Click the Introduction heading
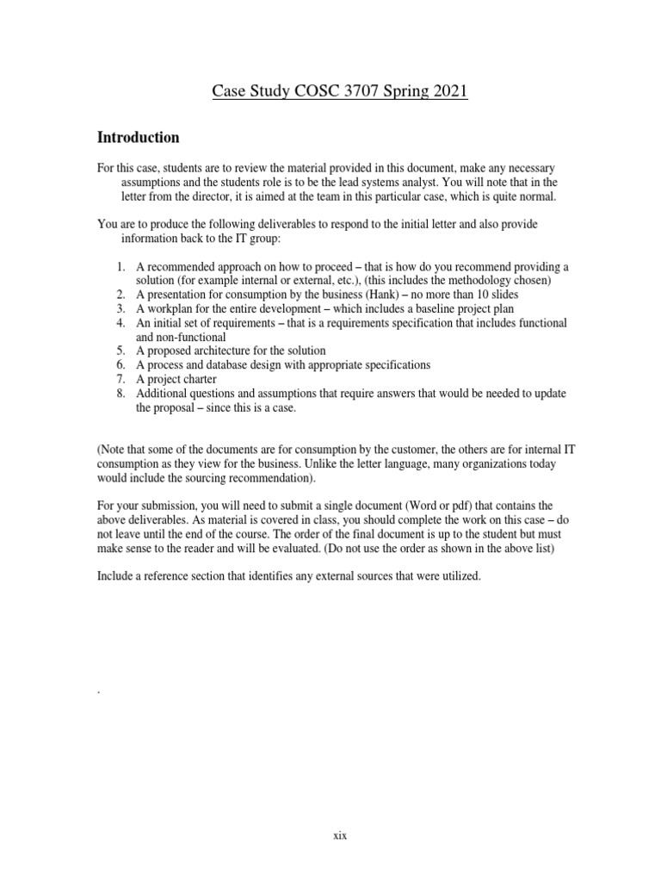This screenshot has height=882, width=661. coord(139,138)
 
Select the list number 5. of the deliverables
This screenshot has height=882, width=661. coord(121,351)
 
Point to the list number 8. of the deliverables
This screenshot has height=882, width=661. coord(121,393)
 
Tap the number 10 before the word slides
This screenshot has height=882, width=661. coord(470,295)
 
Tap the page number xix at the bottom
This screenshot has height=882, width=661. coord(340,835)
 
